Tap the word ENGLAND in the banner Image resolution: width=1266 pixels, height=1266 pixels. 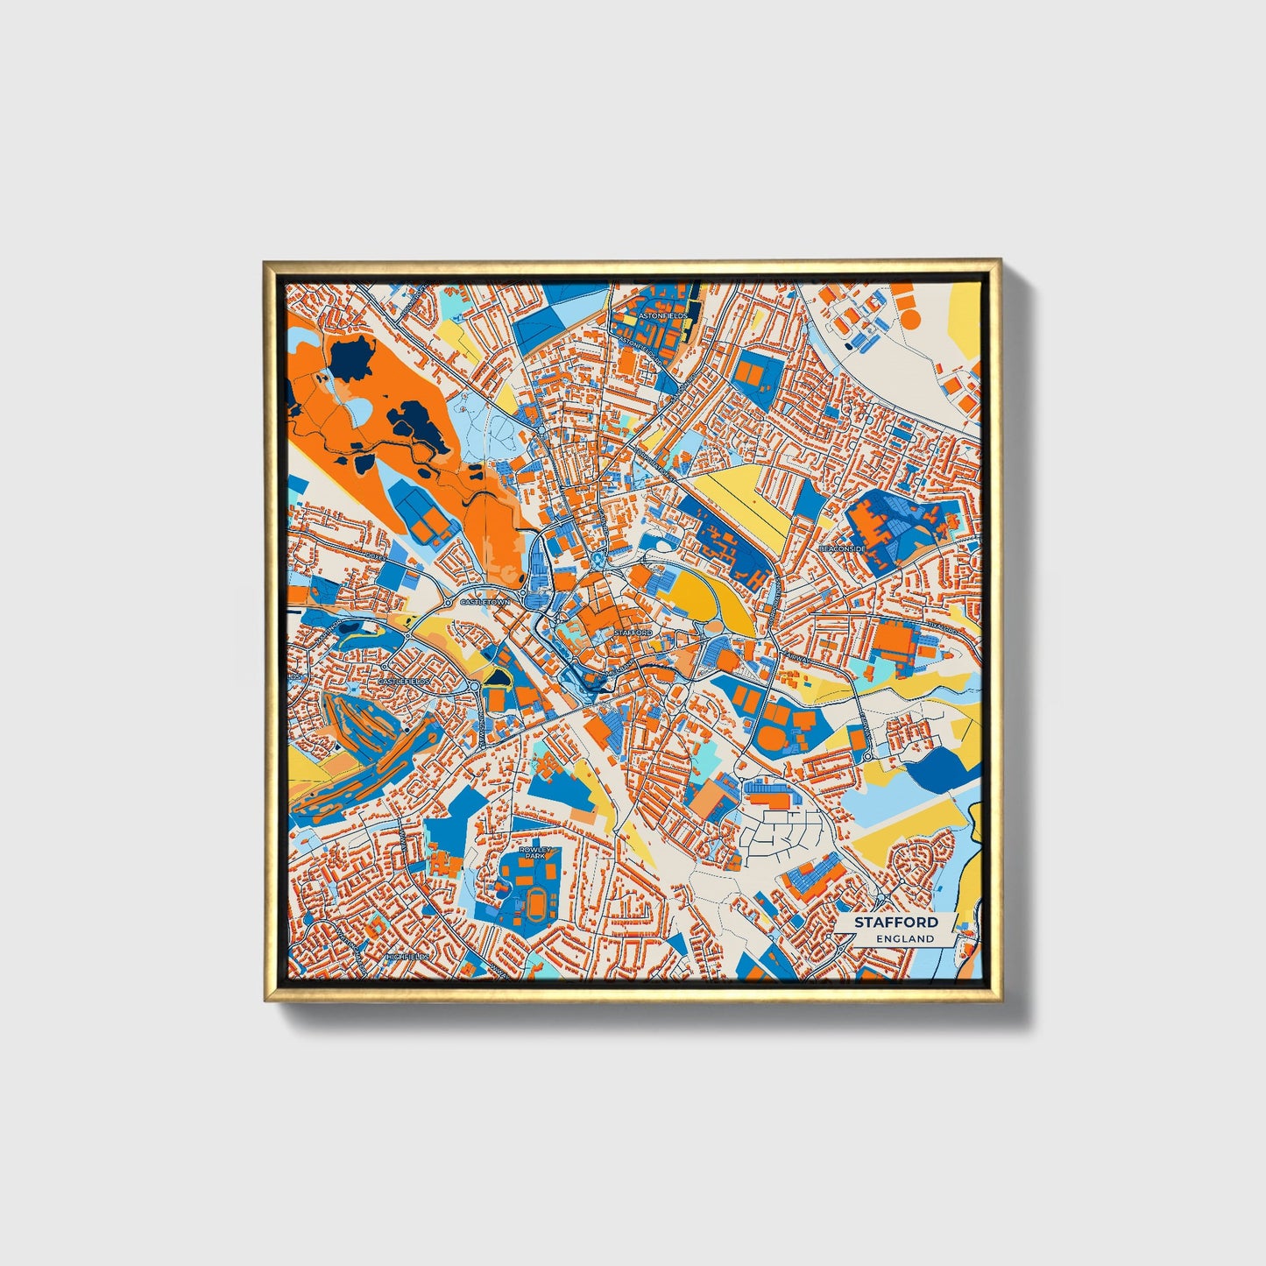pyautogui.click(x=904, y=938)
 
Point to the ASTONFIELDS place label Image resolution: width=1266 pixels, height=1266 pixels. pyautogui.click(x=664, y=314)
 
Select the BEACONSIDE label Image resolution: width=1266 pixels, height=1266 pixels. pyautogui.click(x=842, y=548)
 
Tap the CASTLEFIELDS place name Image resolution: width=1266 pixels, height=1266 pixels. pyautogui.click(x=405, y=681)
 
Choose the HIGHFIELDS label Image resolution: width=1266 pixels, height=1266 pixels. pyautogui.click(x=407, y=957)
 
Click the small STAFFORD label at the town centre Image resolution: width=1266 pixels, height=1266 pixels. pyautogui.click(x=633, y=632)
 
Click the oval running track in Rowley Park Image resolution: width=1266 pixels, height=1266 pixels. pyautogui.click(x=533, y=898)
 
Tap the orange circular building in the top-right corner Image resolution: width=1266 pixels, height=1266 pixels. pyautogui.click(x=911, y=319)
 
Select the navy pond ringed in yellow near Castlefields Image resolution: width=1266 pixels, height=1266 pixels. pyautogui.click(x=498, y=677)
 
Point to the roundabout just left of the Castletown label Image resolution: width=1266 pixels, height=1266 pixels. pyautogui.click(x=448, y=603)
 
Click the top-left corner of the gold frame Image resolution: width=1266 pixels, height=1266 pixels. pyautogui.click(x=264, y=261)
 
